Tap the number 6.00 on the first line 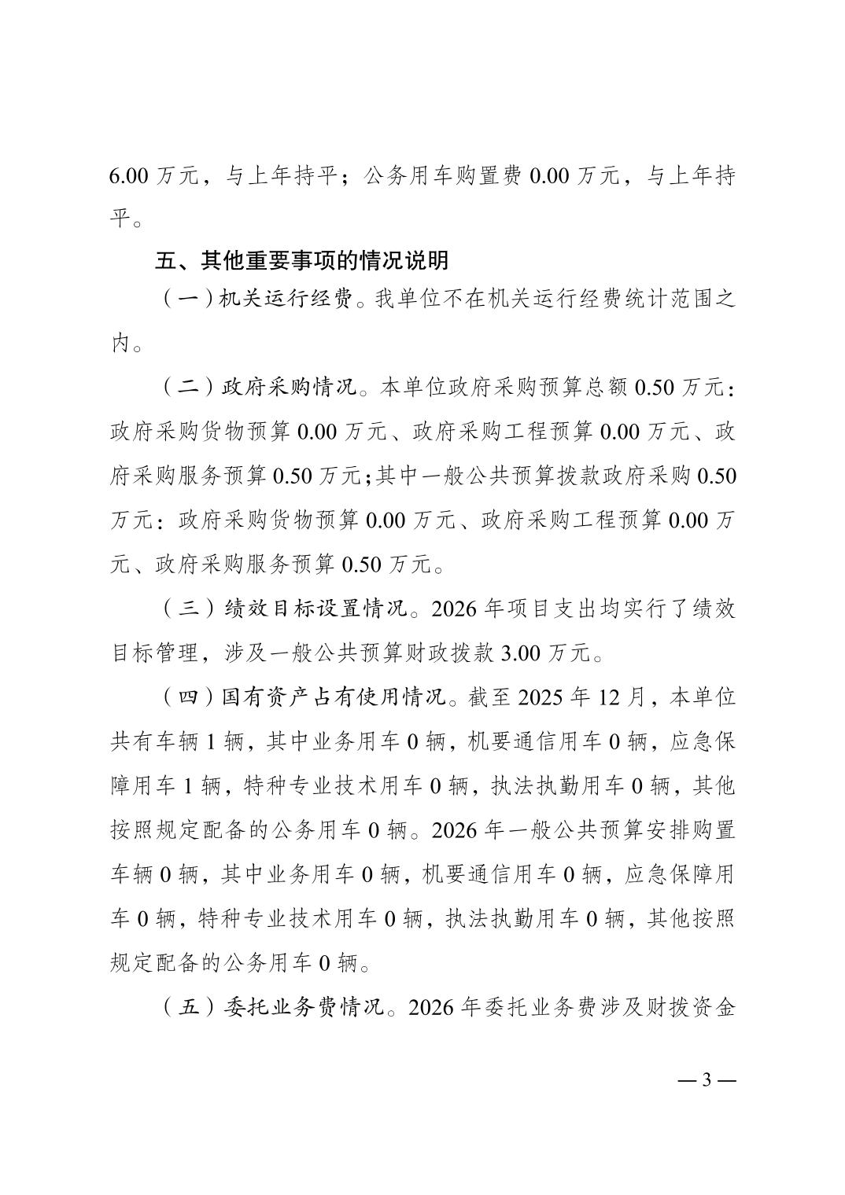128,176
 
